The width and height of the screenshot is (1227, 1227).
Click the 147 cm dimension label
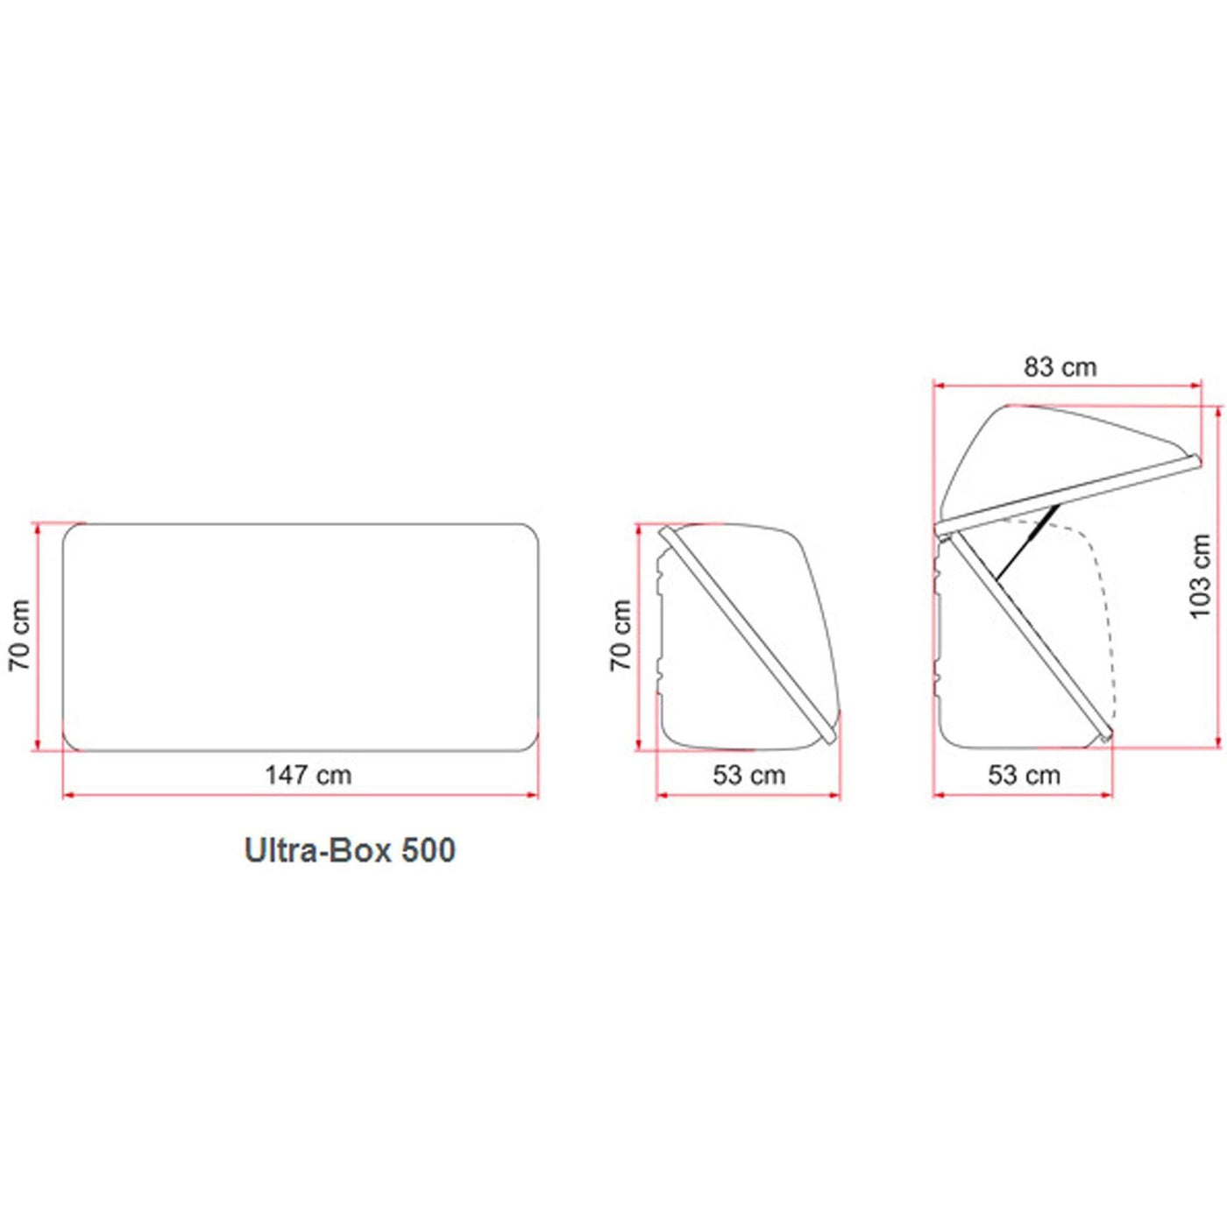(x=309, y=775)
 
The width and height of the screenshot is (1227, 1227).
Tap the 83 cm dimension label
(x=1060, y=367)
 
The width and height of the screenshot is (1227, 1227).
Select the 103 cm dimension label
(x=1200, y=576)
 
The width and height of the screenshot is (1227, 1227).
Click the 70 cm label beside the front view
(x=19, y=635)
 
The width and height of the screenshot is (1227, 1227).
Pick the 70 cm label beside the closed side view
(x=621, y=635)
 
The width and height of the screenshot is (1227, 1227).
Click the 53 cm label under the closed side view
(x=748, y=775)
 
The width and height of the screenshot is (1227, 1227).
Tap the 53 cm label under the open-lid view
(x=1025, y=775)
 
